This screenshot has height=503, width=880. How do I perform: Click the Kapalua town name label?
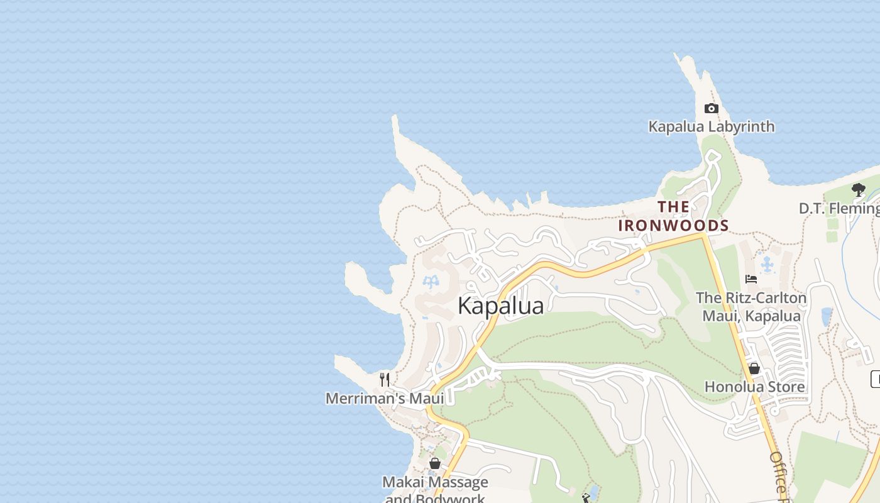[x=500, y=306]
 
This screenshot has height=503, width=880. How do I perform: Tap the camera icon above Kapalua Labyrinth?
[x=711, y=108]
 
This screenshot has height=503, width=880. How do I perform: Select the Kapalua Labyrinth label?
[x=711, y=126]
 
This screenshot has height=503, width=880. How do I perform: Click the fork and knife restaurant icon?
[x=385, y=379]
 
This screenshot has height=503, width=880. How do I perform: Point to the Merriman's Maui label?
[x=384, y=398]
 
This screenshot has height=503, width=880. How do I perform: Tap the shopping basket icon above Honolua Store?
[x=754, y=368]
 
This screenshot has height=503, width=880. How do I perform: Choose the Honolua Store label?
[x=754, y=387]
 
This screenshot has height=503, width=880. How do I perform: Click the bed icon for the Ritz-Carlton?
[x=751, y=279]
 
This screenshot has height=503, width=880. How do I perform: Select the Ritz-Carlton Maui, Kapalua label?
[x=751, y=306]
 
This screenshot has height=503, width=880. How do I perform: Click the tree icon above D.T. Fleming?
[x=858, y=189]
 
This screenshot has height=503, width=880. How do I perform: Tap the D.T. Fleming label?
[x=839, y=208]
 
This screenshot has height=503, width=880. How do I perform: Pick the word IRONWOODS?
[x=673, y=225]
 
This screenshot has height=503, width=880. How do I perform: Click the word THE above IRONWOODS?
[x=673, y=206]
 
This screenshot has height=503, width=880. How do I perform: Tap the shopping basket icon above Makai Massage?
[x=434, y=463]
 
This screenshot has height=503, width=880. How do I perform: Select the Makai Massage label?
[x=435, y=482]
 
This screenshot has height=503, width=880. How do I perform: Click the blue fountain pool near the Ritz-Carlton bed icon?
[x=767, y=265]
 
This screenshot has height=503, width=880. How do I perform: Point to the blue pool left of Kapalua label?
[x=431, y=282]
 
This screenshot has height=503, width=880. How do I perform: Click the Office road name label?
[x=778, y=475]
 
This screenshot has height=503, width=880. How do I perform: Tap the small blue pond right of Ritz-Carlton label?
[x=826, y=316]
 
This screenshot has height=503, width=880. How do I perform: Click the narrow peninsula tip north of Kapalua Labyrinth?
[x=679, y=58]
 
